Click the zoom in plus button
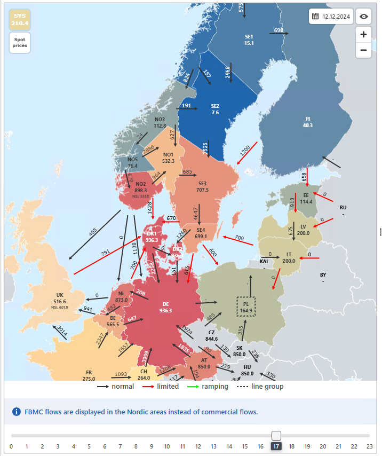363,34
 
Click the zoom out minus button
363,50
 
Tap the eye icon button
364,17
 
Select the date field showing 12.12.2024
331,17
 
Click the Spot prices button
19,43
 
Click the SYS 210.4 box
19,20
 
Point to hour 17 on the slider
276,446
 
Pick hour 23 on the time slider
369,446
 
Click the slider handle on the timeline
276,436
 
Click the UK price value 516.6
60,302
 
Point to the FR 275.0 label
89,375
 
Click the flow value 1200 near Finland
245,151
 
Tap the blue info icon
17,412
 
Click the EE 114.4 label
306,199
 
